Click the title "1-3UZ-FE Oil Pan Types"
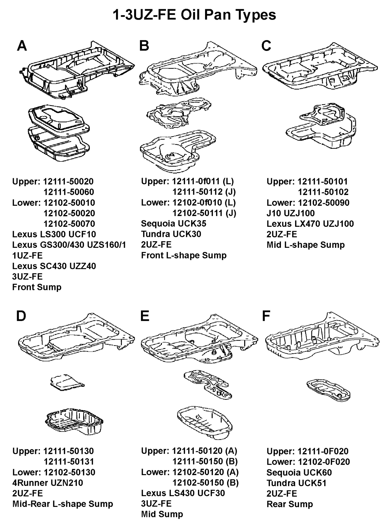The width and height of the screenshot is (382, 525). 194,15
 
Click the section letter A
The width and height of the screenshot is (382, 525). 22,46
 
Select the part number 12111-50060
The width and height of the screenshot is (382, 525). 69,192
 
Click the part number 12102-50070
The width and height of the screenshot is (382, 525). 69,224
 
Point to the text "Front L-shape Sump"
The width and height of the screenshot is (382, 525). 184,255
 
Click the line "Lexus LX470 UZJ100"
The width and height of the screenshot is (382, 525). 310,224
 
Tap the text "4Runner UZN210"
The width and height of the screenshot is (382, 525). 48,483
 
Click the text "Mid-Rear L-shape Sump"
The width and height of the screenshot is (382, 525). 62,504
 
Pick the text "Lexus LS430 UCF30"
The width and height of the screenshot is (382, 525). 183,493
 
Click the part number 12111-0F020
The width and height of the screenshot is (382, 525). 323,451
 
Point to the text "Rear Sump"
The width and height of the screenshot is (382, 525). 290,504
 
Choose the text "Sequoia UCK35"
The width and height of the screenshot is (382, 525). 174,224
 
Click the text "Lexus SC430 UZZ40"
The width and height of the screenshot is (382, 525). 54,266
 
